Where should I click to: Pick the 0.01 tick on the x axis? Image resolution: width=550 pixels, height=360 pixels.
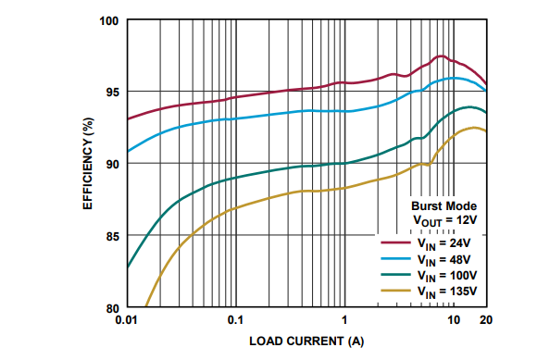[x=128, y=320]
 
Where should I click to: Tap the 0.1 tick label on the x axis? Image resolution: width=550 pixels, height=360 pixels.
[x=235, y=320]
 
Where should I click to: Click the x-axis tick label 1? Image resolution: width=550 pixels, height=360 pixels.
[x=344, y=320]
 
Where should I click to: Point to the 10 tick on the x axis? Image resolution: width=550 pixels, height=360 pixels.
[x=453, y=320]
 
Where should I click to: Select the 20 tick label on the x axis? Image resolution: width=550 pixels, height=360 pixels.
[x=486, y=320]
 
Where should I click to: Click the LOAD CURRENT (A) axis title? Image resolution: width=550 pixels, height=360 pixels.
[x=306, y=341]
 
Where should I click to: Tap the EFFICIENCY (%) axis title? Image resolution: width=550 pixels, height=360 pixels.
[x=90, y=164]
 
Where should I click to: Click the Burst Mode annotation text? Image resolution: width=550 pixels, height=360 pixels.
[x=444, y=205]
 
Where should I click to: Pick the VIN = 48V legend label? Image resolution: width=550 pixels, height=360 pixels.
[x=444, y=260]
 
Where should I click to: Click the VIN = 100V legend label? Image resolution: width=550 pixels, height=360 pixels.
[x=447, y=276]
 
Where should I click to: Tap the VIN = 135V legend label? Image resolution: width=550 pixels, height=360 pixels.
[x=447, y=292]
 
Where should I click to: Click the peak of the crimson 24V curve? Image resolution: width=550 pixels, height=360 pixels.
[x=441, y=56]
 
